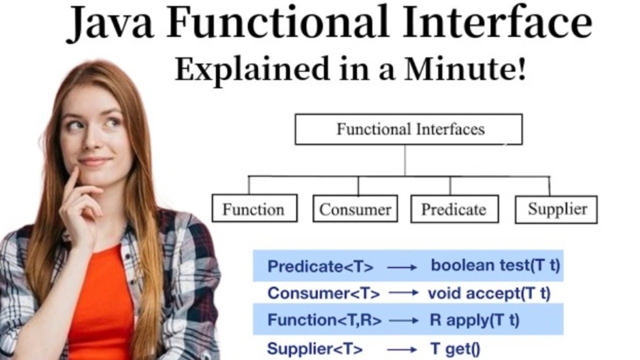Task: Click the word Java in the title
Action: click(x=111, y=24)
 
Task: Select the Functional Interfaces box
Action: click(x=408, y=129)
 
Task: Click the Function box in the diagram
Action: click(x=254, y=208)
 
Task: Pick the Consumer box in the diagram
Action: click(x=355, y=208)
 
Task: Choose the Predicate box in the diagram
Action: click(x=454, y=208)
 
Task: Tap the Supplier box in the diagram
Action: click(x=556, y=208)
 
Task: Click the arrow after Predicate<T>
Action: click(x=401, y=267)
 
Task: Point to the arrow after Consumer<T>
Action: click(x=403, y=293)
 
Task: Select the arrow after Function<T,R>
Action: click(x=403, y=320)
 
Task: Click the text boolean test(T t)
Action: click(x=495, y=265)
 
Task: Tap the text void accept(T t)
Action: click(x=488, y=293)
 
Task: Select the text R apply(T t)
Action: click(x=474, y=320)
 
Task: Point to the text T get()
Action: click(x=455, y=349)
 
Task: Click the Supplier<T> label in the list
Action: click(x=315, y=349)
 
